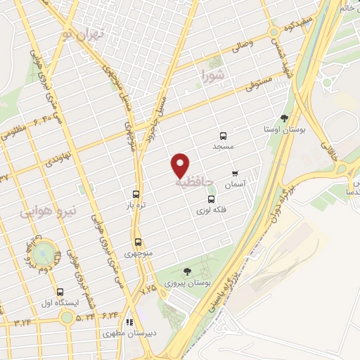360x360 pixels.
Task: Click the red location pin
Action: click(181, 165)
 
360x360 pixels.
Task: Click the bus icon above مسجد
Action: click(224, 136)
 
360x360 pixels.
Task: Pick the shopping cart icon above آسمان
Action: click(235, 173)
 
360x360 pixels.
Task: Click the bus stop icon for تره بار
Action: click(136, 195)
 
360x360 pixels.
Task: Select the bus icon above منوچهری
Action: click(138, 241)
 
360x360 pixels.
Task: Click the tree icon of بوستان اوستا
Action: click(284, 119)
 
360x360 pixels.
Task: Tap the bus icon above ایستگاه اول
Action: click(60, 292)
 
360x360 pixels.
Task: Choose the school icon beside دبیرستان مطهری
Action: click(109, 322)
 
